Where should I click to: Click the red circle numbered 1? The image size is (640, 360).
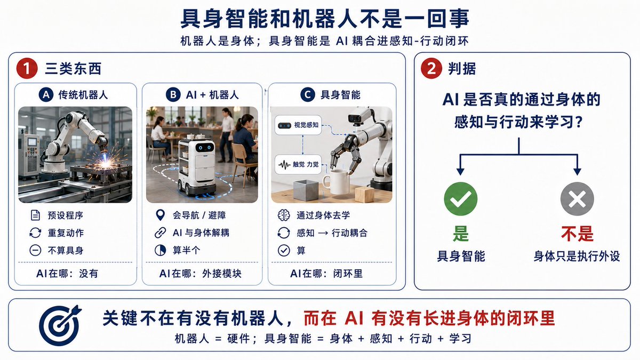click(27, 69)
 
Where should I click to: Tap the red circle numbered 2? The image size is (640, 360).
click(431, 68)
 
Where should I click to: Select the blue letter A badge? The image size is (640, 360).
click(46, 94)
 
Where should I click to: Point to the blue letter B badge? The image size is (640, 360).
click(173, 94)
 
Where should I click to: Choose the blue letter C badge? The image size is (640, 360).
click(308, 94)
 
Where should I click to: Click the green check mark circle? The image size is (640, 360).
click(461, 199)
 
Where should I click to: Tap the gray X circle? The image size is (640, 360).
click(577, 199)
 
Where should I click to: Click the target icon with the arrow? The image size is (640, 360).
click(60, 325)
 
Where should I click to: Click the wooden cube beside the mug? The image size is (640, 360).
click(364, 194)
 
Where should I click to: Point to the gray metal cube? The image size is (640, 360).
click(306, 190)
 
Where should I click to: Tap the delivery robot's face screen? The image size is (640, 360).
click(205, 148)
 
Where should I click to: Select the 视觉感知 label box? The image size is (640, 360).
click(298, 125)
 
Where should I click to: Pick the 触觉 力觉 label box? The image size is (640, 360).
click(298, 164)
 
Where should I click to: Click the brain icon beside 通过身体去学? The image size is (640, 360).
click(284, 215)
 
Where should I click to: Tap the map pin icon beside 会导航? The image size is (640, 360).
click(161, 215)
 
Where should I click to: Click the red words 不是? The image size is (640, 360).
click(577, 234)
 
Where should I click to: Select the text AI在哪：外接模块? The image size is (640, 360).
click(200, 274)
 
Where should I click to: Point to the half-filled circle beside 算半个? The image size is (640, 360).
click(161, 250)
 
